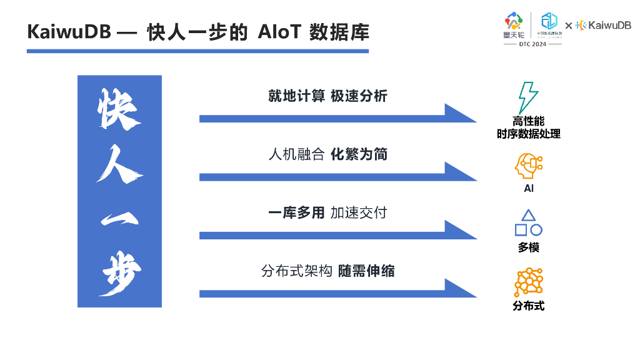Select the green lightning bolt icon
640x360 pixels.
coord(527,97)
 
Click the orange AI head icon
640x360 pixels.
coord(528,167)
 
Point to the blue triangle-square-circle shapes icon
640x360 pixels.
coord(528,223)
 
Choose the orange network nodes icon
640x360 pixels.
coord(528,282)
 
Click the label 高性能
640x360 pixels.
coord(528,122)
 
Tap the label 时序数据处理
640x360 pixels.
coord(528,134)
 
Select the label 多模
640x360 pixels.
coord(528,247)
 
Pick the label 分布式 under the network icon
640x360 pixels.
coord(528,306)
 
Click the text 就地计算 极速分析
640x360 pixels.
coord(327,96)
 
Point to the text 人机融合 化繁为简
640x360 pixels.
coord(327,154)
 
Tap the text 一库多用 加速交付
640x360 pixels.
coord(327,212)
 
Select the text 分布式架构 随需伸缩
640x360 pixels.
coord(327,271)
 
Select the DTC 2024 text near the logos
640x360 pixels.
coord(532,45)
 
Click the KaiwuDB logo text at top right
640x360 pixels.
coord(610,25)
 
